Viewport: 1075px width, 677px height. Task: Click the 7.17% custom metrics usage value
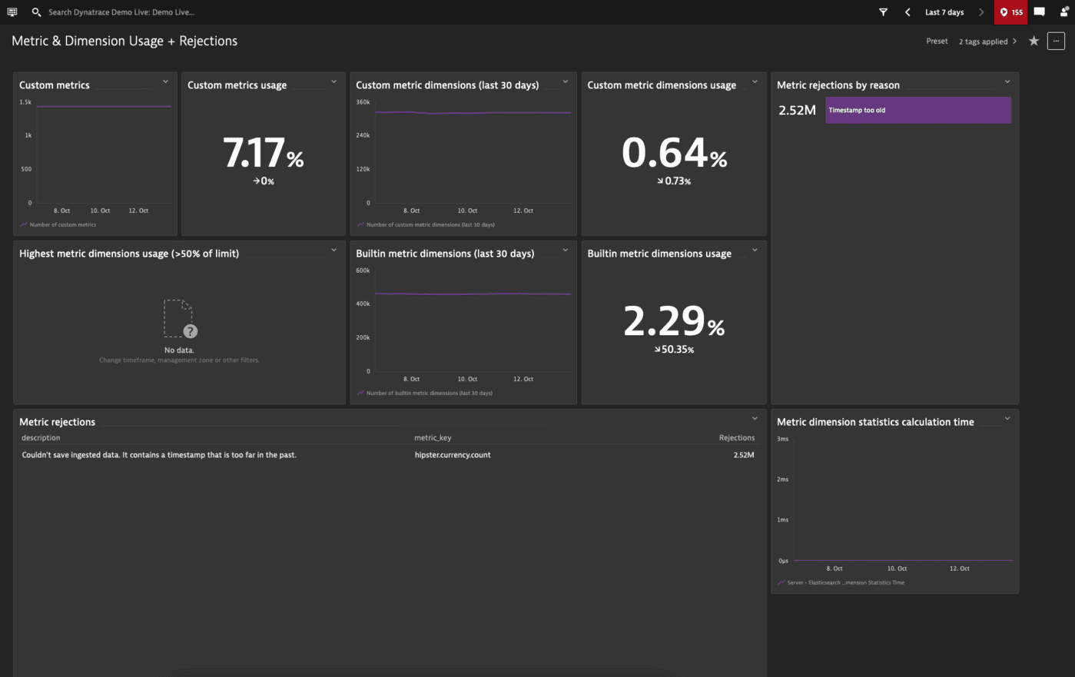tap(263, 153)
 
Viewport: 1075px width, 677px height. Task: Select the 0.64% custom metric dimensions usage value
tap(673, 153)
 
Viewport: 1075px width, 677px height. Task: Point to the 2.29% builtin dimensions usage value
tap(673, 321)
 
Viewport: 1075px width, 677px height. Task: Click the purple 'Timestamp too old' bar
tap(917, 110)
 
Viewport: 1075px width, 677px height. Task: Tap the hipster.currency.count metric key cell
tap(452, 455)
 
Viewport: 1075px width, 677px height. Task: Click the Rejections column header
tap(736, 438)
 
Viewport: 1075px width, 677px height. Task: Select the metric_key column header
tap(433, 438)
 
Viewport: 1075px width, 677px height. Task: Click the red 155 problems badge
tap(1010, 12)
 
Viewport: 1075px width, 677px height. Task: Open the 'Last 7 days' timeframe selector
tap(944, 12)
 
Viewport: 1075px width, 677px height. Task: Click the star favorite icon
tap(1034, 41)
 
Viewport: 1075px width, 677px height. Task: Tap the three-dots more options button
tap(1056, 41)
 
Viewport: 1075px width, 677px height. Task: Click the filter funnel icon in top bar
tap(883, 12)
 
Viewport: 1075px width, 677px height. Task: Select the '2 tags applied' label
tap(983, 41)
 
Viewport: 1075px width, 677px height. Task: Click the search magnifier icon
tap(36, 12)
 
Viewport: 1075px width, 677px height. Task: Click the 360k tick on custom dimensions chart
tap(363, 102)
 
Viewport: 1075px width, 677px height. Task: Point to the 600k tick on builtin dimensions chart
tap(363, 270)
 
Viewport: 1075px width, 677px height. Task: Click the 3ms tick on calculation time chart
tap(782, 439)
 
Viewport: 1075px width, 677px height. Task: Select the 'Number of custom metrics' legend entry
tap(62, 225)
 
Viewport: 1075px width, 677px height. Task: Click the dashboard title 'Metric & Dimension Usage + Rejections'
tap(124, 41)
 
